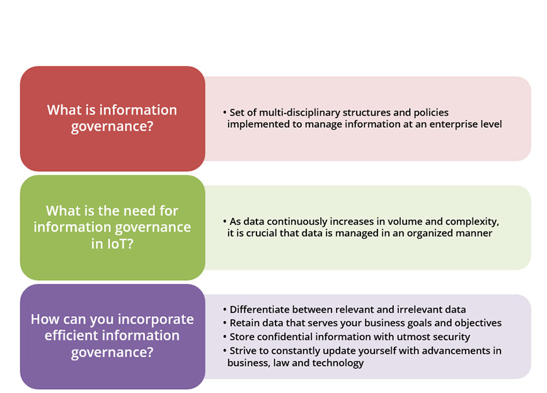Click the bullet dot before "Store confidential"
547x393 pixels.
224,337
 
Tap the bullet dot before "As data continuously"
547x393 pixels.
224,222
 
